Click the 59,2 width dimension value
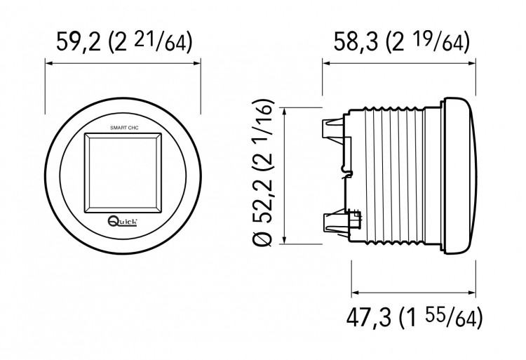click(x=78, y=41)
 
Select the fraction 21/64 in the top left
click(x=155, y=41)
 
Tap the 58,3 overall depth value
click(x=356, y=41)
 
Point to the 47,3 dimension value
click(x=368, y=317)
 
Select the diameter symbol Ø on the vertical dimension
click(x=263, y=238)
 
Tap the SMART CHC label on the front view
click(x=124, y=128)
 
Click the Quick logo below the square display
click(x=122, y=220)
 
